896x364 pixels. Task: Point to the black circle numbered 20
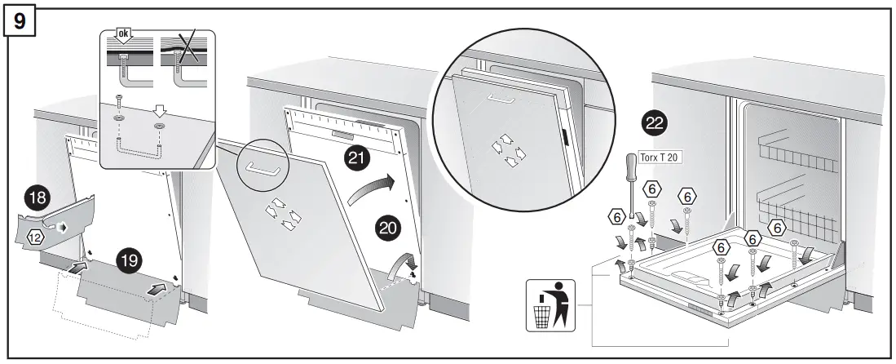[x=387, y=228]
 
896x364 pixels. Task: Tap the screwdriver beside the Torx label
[x=630, y=184]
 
